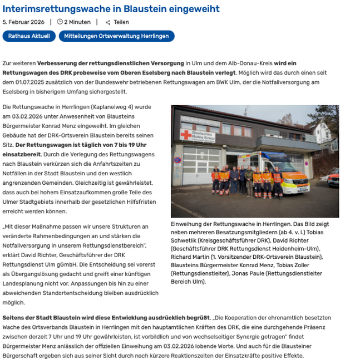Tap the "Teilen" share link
(121, 22)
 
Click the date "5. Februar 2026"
(23, 22)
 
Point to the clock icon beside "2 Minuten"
(60, 22)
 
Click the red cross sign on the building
(186, 135)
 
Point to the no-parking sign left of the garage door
(177, 160)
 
